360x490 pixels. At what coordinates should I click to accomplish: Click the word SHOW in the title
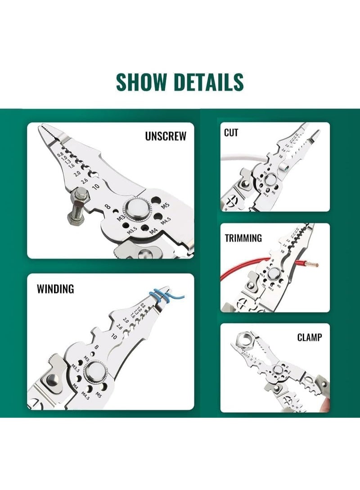[142, 82]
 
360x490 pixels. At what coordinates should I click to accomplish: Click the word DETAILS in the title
[209, 82]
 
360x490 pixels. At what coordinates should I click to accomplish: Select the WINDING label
[55, 289]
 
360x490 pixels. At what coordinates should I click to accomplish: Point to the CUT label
[231, 133]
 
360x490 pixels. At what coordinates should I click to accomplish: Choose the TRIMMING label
[243, 238]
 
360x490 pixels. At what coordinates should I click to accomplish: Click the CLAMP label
[310, 337]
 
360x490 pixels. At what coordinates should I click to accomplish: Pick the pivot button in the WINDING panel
[95, 371]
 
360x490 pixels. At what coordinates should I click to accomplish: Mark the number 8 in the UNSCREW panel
[108, 207]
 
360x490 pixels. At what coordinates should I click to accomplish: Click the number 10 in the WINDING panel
[114, 336]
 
